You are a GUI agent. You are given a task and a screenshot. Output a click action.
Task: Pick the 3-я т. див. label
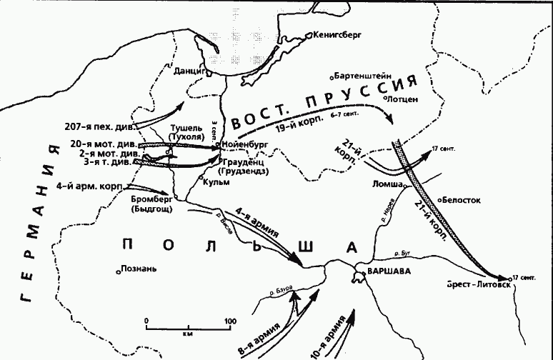point(106,163)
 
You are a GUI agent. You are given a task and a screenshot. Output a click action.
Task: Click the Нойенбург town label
point(245,144)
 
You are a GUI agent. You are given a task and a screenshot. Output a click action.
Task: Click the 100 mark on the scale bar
point(229,321)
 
